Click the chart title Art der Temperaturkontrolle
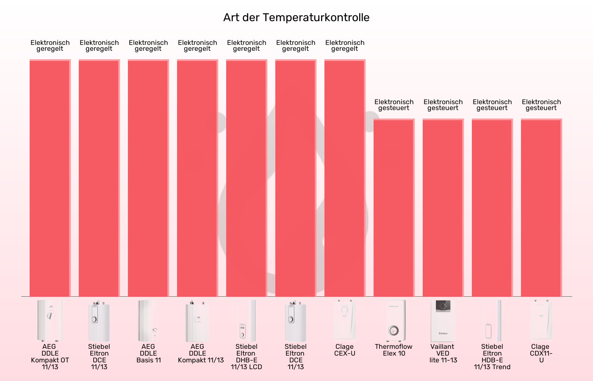click(296, 17)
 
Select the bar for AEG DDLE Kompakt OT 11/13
click(50, 178)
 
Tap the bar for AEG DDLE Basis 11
click(148, 178)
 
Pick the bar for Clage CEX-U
click(345, 178)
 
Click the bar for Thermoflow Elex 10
click(394, 207)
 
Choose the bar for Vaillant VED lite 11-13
click(443, 207)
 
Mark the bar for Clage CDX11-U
click(541, 207)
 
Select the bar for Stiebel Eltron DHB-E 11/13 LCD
click(247, 178)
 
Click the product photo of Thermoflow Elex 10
click(394, 320)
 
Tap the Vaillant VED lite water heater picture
click(443, 320)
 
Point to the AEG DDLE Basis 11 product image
click(148, 320)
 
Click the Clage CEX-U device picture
click(345, 320)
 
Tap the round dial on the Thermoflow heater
click(394, 331)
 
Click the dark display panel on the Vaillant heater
click(443, 306)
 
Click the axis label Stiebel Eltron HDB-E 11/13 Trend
click(492, 357)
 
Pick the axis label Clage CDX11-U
click(541, 353)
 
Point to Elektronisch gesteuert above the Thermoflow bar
click(394, 105)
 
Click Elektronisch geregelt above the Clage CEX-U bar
click(345, 46)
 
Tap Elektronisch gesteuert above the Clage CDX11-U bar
click(541, 105)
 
